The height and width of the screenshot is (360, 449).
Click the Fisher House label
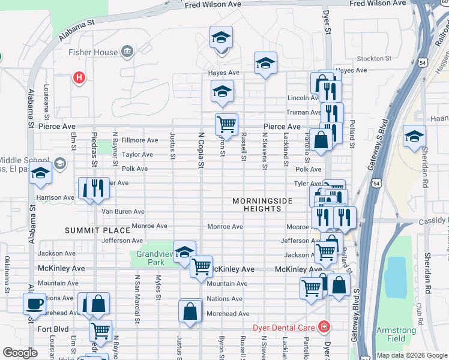point(93,52)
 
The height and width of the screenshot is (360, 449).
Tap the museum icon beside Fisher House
point(127,52)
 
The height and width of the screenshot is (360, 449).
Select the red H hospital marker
point(78,77)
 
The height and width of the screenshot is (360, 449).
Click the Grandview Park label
point(150,258)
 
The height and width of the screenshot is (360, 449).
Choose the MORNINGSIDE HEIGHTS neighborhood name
point(262,205)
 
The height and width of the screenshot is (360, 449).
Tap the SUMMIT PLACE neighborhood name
point(98,230)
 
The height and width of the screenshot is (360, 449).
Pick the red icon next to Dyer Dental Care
point(324,327)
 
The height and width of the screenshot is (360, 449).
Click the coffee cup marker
point(34,303)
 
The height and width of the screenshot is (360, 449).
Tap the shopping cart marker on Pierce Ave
point(226,125)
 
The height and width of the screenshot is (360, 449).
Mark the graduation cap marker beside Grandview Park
point(184,251)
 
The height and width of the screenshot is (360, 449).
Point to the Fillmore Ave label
point(139,140)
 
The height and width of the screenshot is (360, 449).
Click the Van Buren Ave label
point(122,212)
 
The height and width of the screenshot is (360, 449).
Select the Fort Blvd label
point(53,329)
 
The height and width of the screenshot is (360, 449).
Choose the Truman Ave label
point(304,112)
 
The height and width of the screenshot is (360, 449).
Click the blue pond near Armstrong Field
point(396,277)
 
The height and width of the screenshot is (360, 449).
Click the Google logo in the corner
point(20,353)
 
